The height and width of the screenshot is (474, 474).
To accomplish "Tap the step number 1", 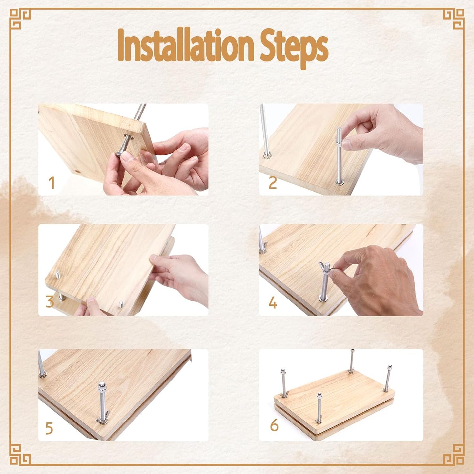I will (x=52, y=183).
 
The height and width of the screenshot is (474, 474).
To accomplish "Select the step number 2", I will (x=273, y=183).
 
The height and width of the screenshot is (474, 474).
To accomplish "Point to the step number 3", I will (x=50, y=301).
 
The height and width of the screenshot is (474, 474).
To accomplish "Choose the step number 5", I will (x=49, y=428).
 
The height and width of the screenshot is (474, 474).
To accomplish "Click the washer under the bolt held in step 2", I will (x=340, y=182).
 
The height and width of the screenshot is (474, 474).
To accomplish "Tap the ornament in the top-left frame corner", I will (x=20, y=19).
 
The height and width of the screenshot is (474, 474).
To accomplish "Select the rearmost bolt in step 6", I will (x=352, y=361).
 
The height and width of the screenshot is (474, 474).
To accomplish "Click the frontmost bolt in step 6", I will (x=319, y=408).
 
